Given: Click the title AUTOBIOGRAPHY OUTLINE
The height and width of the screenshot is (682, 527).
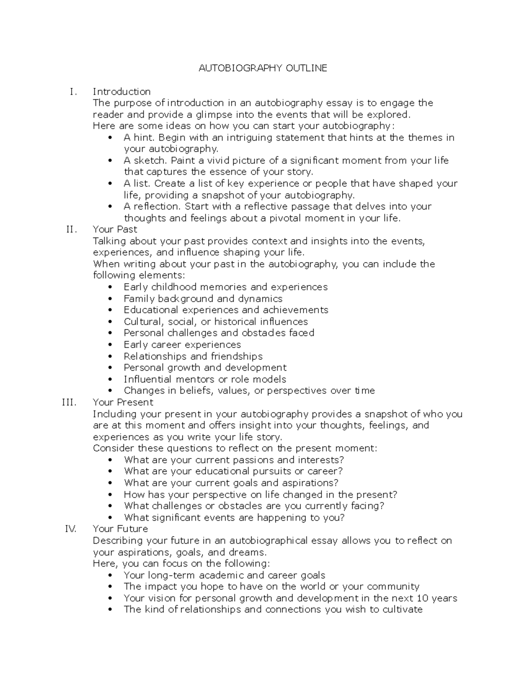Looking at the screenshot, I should pos(263,68).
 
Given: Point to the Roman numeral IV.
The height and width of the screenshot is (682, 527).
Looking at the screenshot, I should pos(70,529).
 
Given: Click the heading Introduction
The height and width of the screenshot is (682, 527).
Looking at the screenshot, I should pos(122,92).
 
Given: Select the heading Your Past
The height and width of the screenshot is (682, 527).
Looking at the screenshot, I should pos(115,229).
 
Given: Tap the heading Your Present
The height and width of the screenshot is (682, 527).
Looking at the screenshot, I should pos(123,402).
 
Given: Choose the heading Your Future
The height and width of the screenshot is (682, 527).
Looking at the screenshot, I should pos(120,529).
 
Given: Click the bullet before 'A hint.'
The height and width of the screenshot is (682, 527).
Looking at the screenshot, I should pos(110,138).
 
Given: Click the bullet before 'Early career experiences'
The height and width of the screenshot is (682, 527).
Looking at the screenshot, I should pos(110,345).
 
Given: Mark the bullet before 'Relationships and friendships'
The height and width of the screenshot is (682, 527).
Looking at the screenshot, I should pos(110,356).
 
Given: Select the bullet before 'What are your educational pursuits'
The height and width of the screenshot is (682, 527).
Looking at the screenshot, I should pos(110,471).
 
